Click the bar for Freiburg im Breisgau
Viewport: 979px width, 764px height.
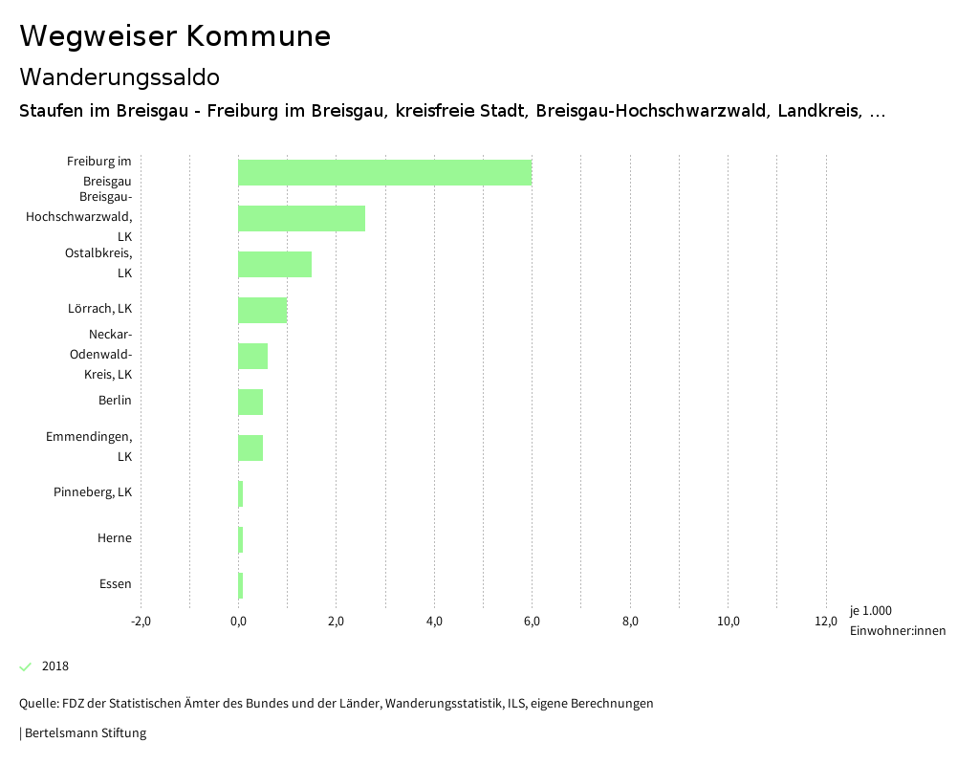coord(384,172)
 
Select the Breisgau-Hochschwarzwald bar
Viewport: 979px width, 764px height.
coord(301,218)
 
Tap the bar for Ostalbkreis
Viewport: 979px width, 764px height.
coord(274,264)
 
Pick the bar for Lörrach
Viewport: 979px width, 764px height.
coord(262,310)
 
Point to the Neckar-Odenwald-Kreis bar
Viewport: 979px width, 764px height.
coord(252,356)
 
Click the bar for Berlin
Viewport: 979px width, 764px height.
coord(250,402)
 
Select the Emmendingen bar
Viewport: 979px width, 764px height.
coord(250,447)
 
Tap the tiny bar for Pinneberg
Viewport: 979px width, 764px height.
coord(241,493)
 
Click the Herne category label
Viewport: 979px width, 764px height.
coord(115,538)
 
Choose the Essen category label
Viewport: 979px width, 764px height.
coord(116,584)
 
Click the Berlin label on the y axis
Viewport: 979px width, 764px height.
coord(115,401)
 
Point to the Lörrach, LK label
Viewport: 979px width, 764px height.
coord(100,309)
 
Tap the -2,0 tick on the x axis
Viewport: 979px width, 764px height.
coord(141,622)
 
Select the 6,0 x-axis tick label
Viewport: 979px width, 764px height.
coord(532,622)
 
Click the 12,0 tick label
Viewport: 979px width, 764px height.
coord(826,622)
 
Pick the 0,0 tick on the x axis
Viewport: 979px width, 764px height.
coord(238,622)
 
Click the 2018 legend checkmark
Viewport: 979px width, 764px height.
coord(26,666)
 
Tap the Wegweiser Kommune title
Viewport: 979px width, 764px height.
coord(175,36)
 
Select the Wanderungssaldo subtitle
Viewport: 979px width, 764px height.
coord(120,76)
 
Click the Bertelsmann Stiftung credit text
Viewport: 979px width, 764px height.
coord(84,733)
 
